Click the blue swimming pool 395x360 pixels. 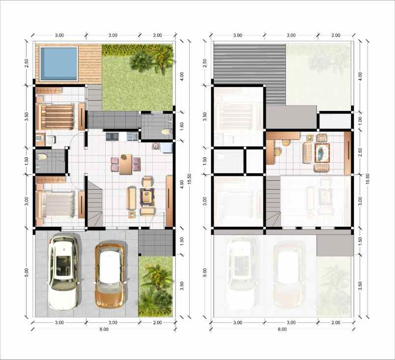[58, 63]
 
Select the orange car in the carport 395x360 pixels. [110, 274]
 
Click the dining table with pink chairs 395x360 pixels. [125, 165]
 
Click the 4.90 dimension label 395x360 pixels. [181, 185]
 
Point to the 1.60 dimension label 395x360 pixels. [181, 126]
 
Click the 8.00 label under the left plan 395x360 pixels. [103, 330]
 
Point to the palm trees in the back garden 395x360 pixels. [153, 60]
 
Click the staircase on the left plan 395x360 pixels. [95, 202]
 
